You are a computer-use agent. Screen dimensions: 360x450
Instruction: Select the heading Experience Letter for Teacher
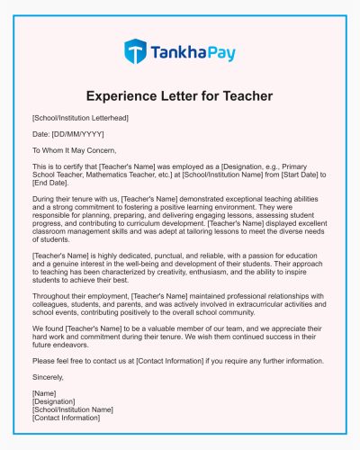pos(180,95)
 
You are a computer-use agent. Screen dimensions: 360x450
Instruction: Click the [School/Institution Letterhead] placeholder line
pos(80,118)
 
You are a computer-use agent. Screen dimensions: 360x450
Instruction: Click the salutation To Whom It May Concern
pos(74,149)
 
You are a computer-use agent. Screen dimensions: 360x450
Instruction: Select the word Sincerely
pos(49,377)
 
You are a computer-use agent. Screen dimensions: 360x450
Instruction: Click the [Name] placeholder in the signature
pos(44,393)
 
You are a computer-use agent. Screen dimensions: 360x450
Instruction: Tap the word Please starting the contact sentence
pos(46,362)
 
